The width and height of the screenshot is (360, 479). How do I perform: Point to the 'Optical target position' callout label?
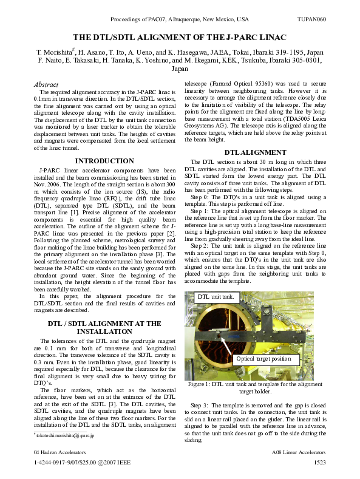pyautogui.click(x=263, y=359)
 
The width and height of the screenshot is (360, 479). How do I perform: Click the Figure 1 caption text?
pyautogui.click(x=255, y=388)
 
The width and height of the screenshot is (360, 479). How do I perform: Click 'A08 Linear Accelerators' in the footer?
pyautogui.click(x=299, y=453)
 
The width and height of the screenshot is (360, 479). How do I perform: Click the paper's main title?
pyautogui.click(x=180, y=37)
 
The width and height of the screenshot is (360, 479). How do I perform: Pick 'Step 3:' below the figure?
pyautogui.click(x=202, y=404)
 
